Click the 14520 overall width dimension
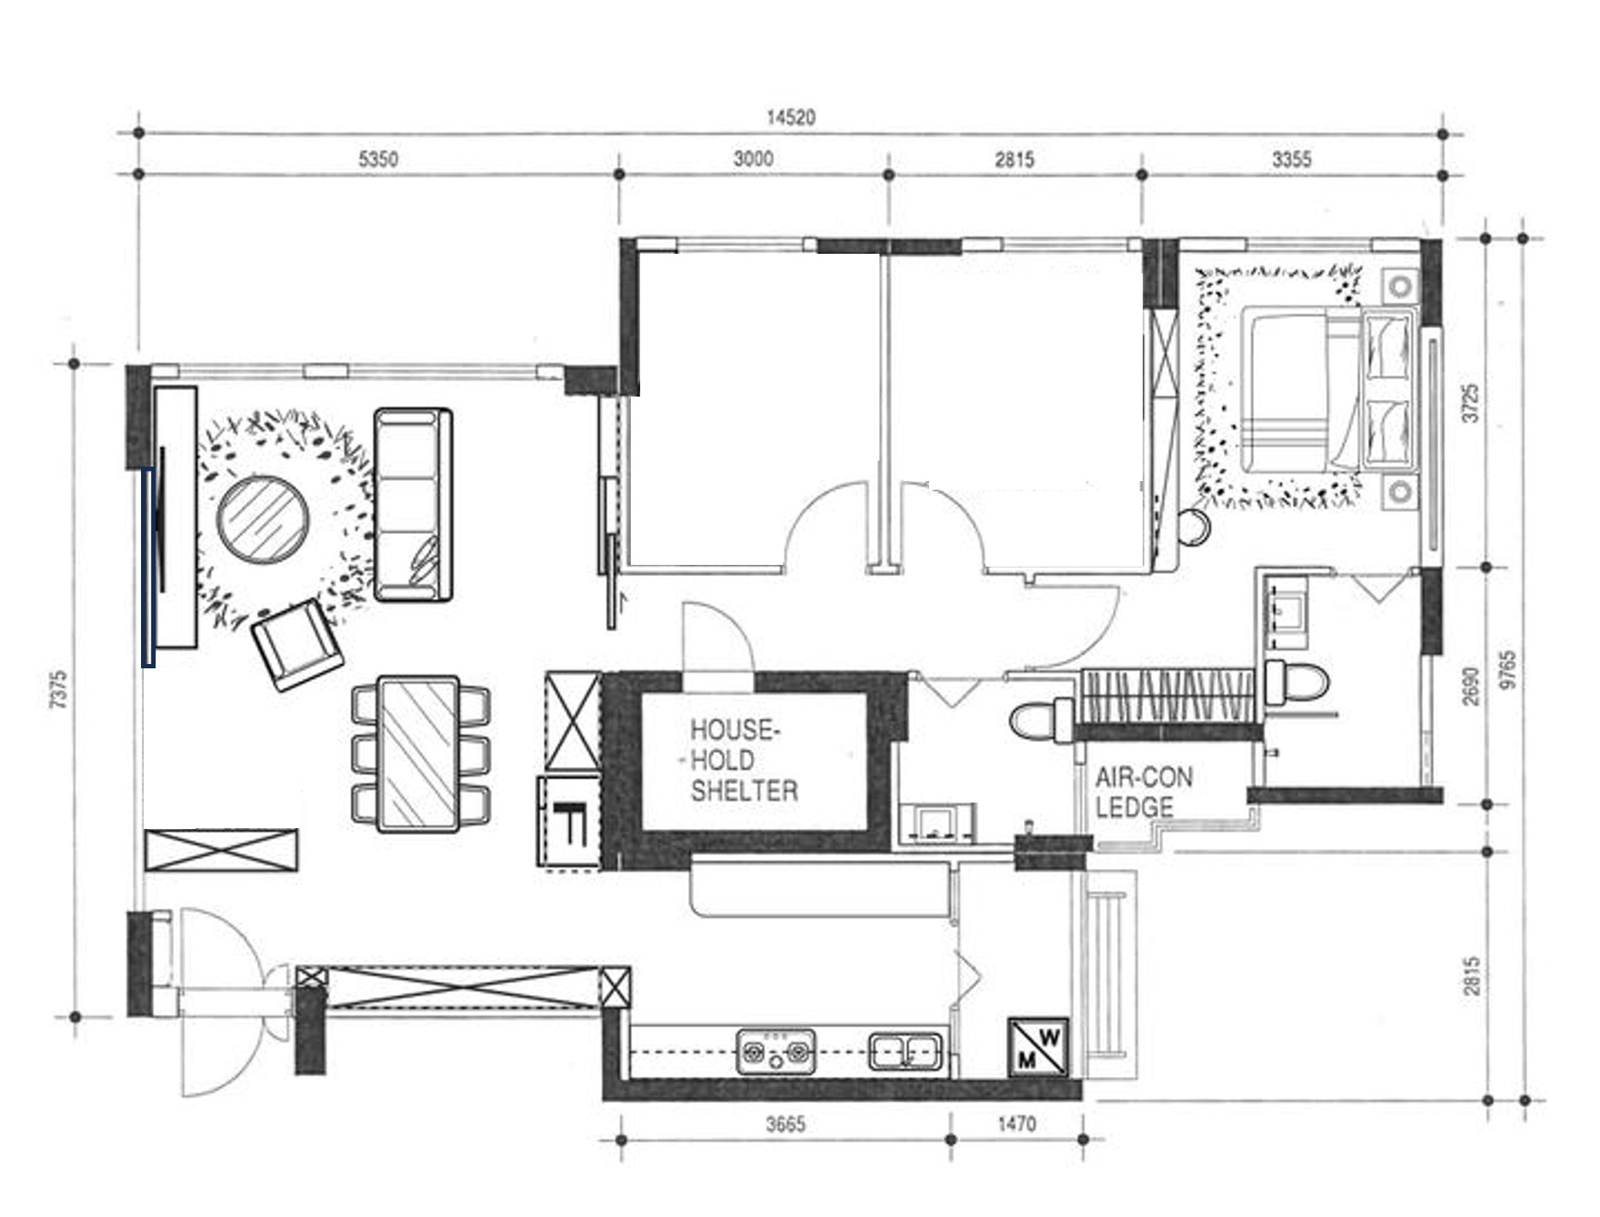coord(791,117)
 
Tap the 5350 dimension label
coord(378,159)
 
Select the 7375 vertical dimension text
coord(57,690)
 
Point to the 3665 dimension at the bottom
coord(785,1124)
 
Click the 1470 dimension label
coord(1016,1124)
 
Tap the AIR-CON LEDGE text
coord(1143,791)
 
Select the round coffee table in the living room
coord(262,520)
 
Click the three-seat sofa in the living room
coord(413,504)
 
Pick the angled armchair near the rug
coord(297,644)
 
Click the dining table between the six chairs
coord(418,753)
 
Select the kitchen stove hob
coord(775,1051)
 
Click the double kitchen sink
coord(906,1051)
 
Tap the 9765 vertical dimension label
coord(1507,669)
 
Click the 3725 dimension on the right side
coord(1470,402)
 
